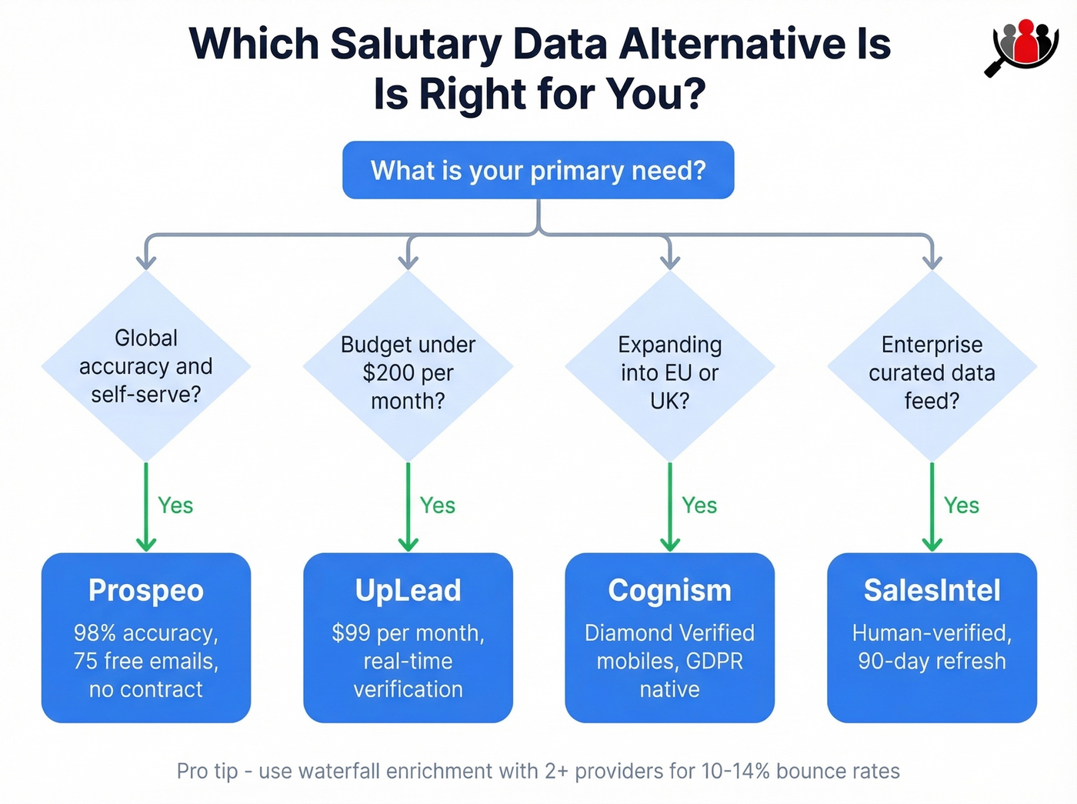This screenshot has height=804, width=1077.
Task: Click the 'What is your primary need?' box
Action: [538, 170]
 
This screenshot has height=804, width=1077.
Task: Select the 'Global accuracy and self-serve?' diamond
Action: [146, 366]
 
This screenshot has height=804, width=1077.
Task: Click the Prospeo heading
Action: [146, 590]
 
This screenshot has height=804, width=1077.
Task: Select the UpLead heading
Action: [408, 590]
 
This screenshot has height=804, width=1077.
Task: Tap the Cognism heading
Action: [669, 590]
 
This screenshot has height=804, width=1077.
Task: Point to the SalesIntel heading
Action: [932, 590]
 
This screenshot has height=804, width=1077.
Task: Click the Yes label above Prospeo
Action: [175, 505]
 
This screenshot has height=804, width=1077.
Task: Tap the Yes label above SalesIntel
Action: [961, 505]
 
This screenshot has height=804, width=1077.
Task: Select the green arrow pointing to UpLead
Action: [408, 508]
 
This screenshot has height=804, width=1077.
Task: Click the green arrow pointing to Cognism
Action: [669, 508]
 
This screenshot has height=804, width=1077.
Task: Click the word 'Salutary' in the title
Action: [415, 44]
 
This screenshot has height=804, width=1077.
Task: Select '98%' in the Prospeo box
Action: [95, 633]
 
